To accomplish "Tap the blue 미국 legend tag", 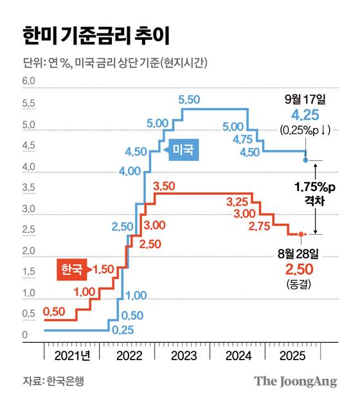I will tap(183, 151).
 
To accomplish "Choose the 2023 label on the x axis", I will tap(185, 354).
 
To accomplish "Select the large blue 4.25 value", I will tap(305, 116).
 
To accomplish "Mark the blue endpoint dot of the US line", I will tap(305, 160).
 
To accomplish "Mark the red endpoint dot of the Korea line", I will tap(301, 234).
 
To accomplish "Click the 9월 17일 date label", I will tap(305, 100).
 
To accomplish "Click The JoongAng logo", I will tap(295, 381).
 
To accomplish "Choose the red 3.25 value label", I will tap(239, 202).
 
